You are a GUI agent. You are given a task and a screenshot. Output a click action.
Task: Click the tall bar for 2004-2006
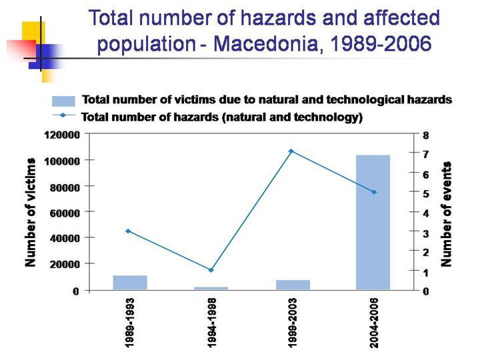coord(373,222)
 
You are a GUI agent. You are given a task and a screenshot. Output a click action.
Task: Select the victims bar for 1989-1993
coord(130,283)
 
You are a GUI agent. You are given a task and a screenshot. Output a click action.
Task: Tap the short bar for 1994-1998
coord(211,289)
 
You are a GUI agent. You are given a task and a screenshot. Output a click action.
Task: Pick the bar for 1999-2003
coord(293,285)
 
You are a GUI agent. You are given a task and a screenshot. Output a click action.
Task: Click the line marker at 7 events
coord(291,151)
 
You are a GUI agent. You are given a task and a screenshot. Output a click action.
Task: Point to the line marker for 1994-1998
coord(211,270)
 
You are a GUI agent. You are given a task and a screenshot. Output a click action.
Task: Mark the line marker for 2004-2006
coord(374,192)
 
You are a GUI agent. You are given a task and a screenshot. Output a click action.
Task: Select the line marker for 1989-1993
coord(128,231)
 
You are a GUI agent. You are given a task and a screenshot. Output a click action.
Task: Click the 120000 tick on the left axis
coord(63,135)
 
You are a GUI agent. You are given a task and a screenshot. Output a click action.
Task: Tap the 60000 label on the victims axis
coord(65,213)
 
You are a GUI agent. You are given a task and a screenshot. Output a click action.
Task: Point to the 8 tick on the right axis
coord(426,135)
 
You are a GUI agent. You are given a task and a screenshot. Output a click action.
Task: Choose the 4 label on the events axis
coord(426,213)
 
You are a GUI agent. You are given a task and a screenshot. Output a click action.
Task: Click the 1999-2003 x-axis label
coord(293,323)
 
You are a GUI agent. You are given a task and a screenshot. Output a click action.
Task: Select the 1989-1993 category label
coord(130,323)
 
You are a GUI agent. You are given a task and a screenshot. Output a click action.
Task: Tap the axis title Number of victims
coord(31,212)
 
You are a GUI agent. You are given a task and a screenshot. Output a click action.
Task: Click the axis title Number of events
coord(446,214)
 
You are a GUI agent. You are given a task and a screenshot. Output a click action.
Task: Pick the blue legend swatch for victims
coord(64,101)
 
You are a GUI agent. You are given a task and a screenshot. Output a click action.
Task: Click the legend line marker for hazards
coord(63,115)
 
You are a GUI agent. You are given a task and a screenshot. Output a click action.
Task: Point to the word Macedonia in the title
coord(265,43)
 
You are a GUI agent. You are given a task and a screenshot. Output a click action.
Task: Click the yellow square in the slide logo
coord(34,32)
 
